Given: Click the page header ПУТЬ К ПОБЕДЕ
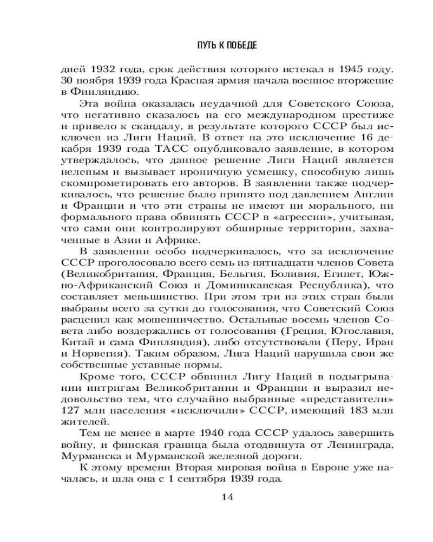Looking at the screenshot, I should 227,46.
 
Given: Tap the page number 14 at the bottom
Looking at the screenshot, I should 227,498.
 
